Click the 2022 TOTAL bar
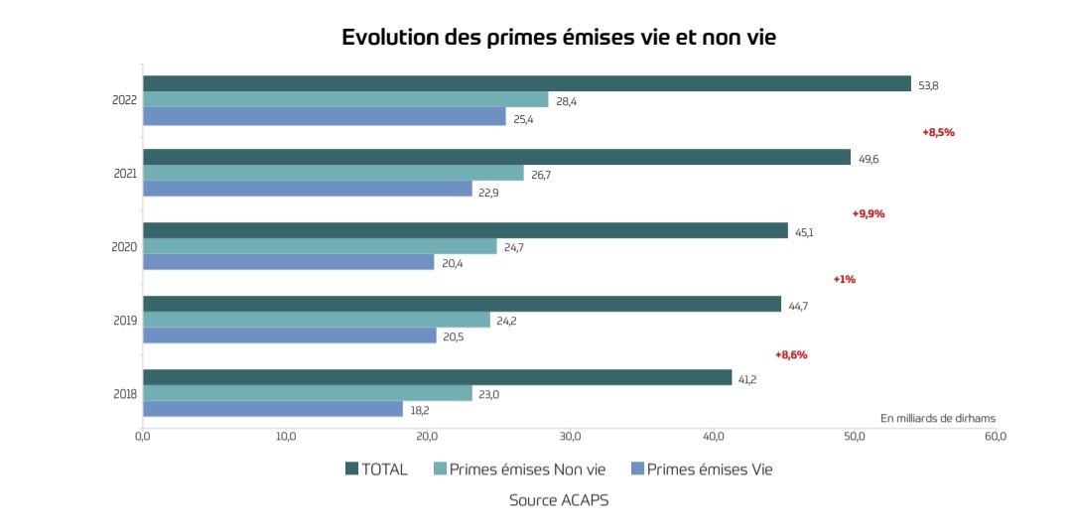[x=526, y=83]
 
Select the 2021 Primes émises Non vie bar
[x=333, y=173]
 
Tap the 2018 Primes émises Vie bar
[x=272, y=409]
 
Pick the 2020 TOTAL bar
[x=465, y=230]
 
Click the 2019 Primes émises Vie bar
[x=289, y=335]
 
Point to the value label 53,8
[x=928, y=85]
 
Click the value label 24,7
[x=513, y=247]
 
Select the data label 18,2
[x=420, y=410]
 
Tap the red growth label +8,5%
[x=938, y=132]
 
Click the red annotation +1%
[x=844, y=279]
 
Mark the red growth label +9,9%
[x=868, y=213]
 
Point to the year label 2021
[x=125, y=174]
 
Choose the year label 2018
[x=125, y=394]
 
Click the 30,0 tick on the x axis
[x=570, y=436]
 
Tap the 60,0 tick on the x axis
[x=995, y=436]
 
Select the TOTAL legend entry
[x=376, y=469]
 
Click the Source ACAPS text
[x=558, y=500]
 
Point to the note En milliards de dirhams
[x=937, y=418]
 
